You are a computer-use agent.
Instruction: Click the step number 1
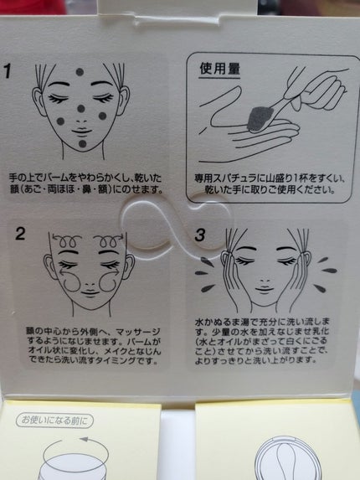pyautogui.click(x=7, y=70)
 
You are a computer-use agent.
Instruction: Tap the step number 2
pyautogui.click(x=20, y=234)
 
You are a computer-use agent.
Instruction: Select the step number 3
pyautogui.click(x=200, y=235)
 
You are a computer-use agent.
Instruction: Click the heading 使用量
pyautogui.click(x=219, y=69)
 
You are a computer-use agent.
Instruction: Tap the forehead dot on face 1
pyautogui.click(x=80, y=72)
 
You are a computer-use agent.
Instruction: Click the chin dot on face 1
pyautogui.click(x=83, y=143)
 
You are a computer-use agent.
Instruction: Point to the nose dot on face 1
pyautogui.click(x=81, y=108)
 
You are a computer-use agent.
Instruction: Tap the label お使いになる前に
pyautogui.click(x=54, y=421)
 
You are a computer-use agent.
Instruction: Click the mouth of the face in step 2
pyautogui.click(x=90, y=292)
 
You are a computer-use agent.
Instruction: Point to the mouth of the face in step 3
pyautogui.click(x=265, y=289)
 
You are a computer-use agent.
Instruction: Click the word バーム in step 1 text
pyautogui.click(x=57, y=178)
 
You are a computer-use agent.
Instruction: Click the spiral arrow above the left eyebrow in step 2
pyautogui.click(x=66, y=240)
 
